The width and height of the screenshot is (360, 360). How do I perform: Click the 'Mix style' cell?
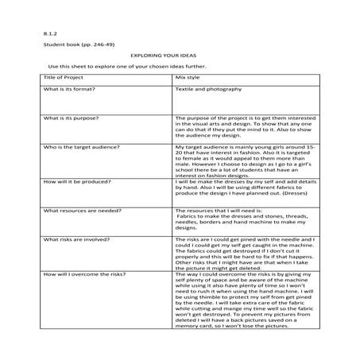[188, 79]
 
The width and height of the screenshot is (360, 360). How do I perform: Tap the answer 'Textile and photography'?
[208, 90]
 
